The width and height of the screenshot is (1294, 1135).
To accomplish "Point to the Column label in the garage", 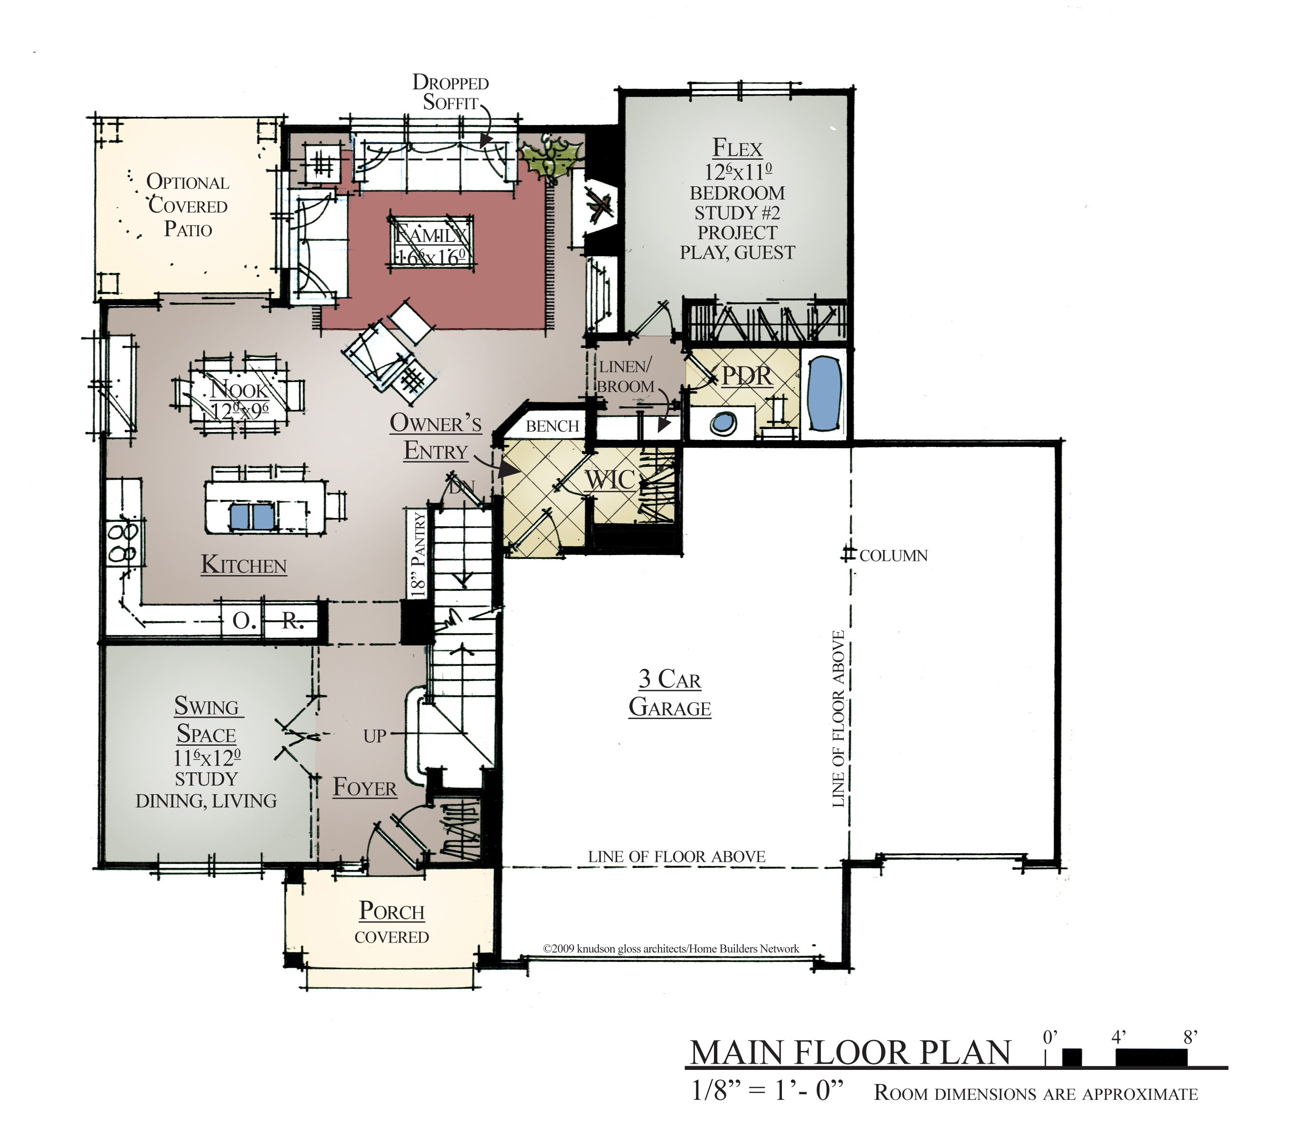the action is pyautogui.click(x=893, y=556).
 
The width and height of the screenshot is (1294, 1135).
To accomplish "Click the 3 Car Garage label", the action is pyautogui.click(x=670, y=693).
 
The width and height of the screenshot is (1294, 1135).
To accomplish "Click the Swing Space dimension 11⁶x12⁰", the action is pyautogui.click(x=207, y=758).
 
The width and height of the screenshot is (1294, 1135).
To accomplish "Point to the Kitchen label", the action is pyautogui.click(x=244, y=564).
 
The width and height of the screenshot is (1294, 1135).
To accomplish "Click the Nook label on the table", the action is pyautogui.click(x=239, y=389).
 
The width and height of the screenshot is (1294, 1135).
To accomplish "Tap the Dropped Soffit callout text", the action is pyautogui.click(x=450, y=93).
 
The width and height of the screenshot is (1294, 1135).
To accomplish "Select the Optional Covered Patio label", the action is pyautogui.click(x=187, y=205).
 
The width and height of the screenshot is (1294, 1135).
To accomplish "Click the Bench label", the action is pyautogui.click(x=552, y=426).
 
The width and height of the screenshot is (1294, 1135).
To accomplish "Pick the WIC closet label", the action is pyautogui.click(x=609, y=480).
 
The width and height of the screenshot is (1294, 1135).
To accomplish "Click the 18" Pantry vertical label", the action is pyautogui.click(x=417, y=555).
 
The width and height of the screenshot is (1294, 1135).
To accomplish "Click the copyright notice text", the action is pyautogui.click(x=671, y=949).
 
